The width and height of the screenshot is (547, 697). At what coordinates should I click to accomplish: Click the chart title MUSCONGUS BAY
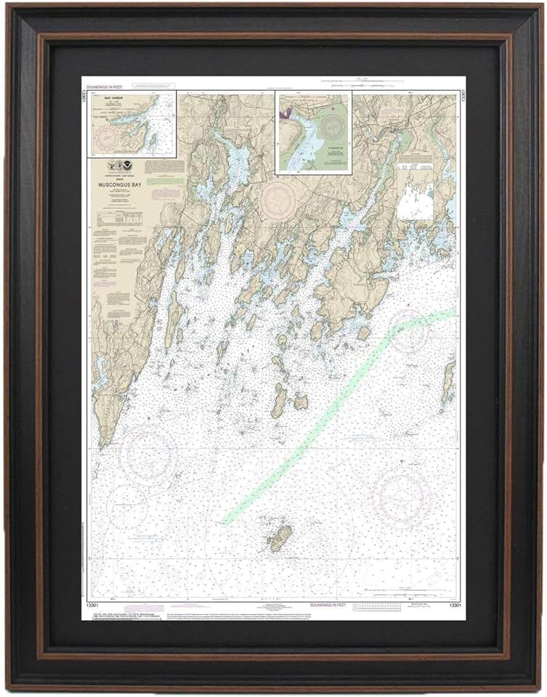click(x=119, y=184)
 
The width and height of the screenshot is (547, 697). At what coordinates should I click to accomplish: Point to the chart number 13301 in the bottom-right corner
click(x=454, y=605)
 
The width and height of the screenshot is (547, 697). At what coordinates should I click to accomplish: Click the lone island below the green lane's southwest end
click(x=280, y=538)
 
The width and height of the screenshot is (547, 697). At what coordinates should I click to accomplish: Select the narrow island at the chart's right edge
click(x=448, y=383)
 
